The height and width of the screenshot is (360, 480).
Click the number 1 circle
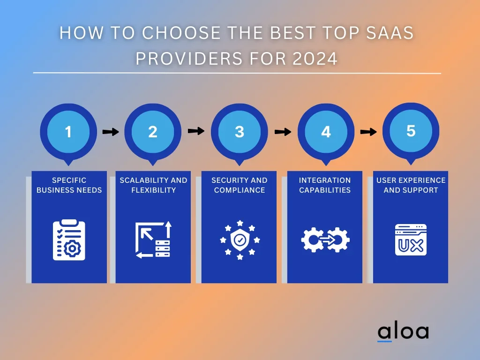[x=68, y=132]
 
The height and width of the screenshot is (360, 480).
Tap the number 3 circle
[x=240, y=132]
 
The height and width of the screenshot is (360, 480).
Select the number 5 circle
[x=411, y=131]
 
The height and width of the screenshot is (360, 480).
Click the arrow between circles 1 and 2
[x=111, y=132]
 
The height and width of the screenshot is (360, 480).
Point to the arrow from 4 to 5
[x=368, y=132]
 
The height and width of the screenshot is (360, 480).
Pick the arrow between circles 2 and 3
[x=196, y=131]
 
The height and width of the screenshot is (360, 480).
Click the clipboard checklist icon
[x=69, y=240]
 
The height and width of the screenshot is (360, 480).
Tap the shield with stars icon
[x=240, y=240]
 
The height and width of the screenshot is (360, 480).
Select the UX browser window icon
[x=411, y=240]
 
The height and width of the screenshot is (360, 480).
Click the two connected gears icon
[x=325, y=240]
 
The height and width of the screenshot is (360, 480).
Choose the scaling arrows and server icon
[x=153, y=240]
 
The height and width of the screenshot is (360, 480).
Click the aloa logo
[x=403, y=332]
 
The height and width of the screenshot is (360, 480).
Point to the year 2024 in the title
[x=315, y=58]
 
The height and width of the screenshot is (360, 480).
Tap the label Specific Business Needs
[x=69, y=185]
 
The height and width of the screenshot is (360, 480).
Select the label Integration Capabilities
[x=325, y=185]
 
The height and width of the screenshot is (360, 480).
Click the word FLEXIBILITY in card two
[x=154, y=190]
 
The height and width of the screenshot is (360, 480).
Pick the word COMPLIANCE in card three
[x=240, y=190]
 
